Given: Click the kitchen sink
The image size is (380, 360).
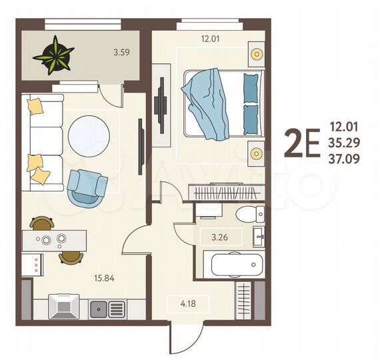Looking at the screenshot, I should coord(99,309).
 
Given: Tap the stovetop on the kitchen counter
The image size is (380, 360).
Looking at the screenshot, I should coord(117,309).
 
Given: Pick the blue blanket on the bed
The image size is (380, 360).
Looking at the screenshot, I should coord(207,104).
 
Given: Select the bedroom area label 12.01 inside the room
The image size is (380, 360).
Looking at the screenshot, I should coord(211,38).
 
